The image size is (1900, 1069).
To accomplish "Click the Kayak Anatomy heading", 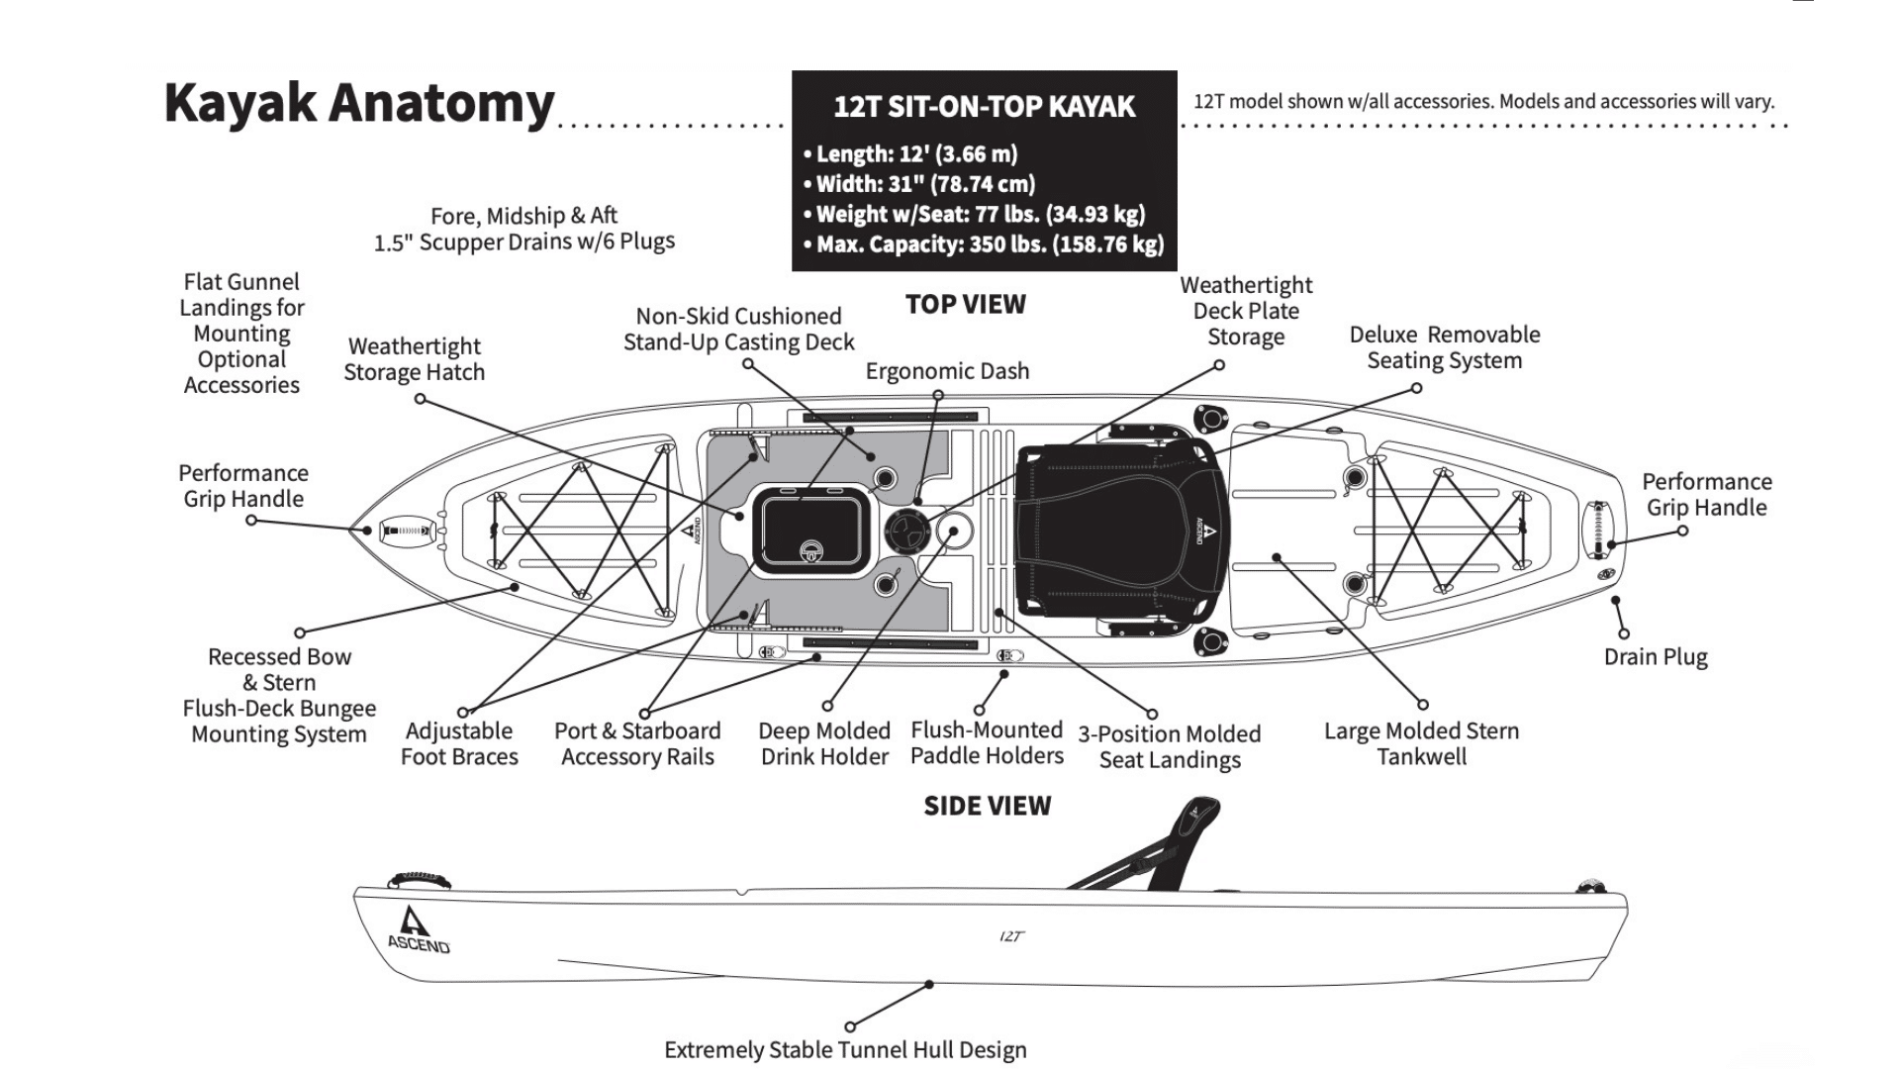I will pos(358,103).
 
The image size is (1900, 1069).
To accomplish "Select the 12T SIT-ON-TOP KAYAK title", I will pos(984,107).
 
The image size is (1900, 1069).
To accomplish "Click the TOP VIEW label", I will pos(965,305).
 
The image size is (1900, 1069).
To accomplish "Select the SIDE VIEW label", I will pos(987,806).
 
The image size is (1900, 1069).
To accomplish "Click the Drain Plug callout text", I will pos(1655,657).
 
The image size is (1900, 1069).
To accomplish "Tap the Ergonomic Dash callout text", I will pos(947,371).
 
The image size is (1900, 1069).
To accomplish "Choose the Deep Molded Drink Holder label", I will pos(823,743).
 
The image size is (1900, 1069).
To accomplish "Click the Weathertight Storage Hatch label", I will pos(414,359).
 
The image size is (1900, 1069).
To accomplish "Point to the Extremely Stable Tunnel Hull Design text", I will pos(845,1049).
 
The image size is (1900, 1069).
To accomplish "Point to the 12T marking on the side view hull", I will pos(1010,936).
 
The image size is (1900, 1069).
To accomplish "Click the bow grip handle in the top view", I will pos(407,531).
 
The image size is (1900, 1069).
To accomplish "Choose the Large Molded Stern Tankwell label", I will pos(1421,743).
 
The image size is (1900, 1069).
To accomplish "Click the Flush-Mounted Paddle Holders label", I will pos(987,743).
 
